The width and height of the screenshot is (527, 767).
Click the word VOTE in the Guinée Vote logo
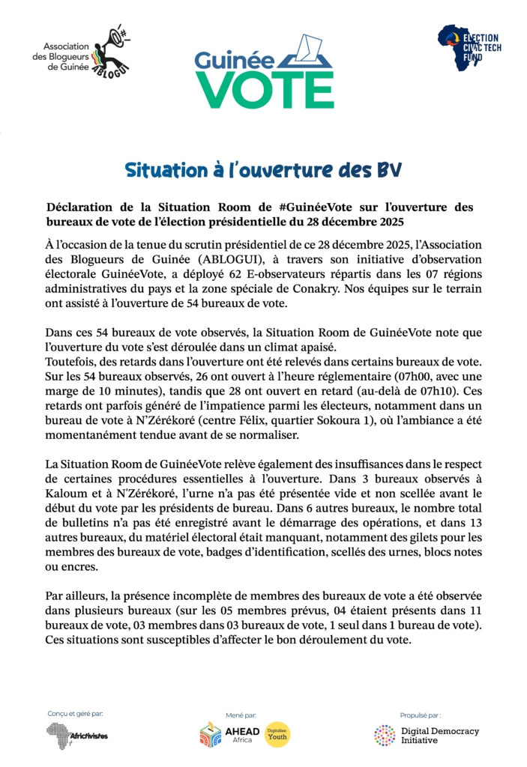coord(265,91)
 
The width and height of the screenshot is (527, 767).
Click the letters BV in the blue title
coord(387,171)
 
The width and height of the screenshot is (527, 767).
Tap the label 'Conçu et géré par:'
coord(75,714)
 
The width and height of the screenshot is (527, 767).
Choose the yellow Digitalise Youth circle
coord(278,735)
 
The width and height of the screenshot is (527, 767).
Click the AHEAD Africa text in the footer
coord(242,735)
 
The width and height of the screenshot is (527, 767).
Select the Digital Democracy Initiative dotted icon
coord(385,735)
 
